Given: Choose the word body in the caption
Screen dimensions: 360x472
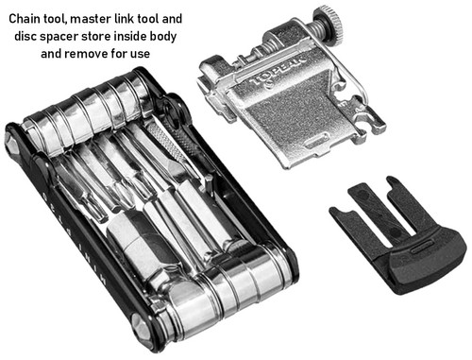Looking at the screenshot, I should (x=186, y=36).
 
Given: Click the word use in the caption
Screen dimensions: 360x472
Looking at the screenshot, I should (x=160, y=54).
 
